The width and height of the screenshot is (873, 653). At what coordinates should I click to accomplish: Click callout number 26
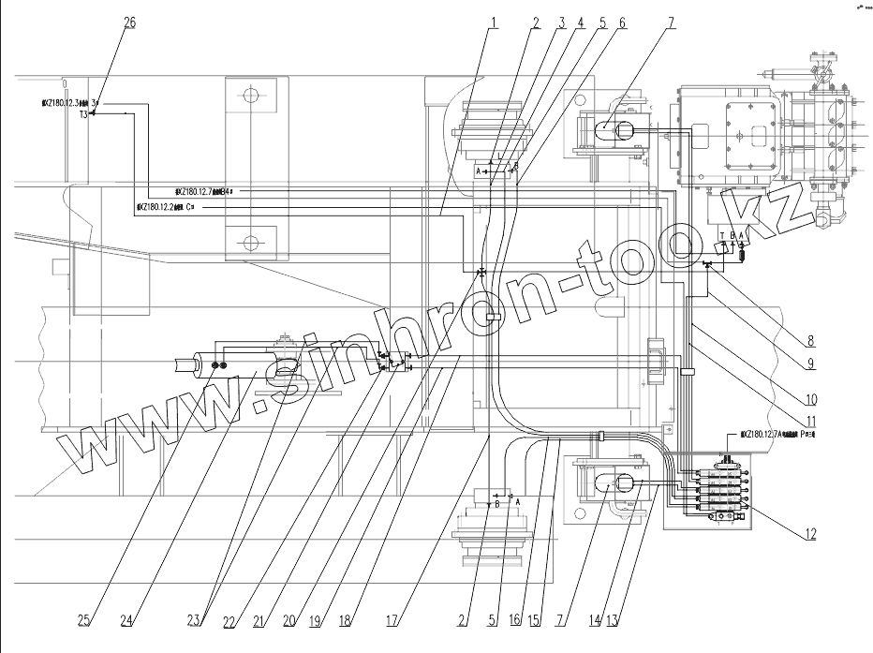coord(129,22)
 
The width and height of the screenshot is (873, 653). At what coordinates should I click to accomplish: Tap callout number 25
coord(84,620)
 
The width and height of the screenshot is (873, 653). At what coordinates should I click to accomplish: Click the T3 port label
coord(83,113)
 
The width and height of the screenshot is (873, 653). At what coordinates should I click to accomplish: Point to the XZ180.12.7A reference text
coord(777,435)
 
